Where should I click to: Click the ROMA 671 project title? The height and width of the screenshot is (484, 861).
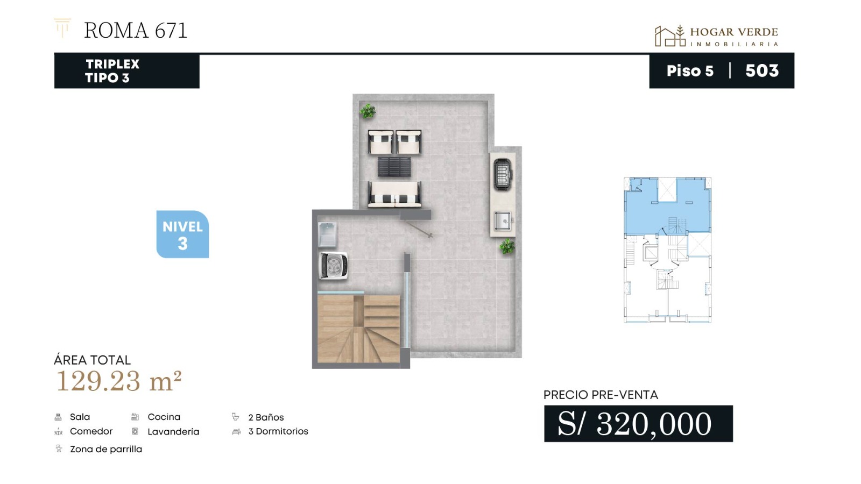click(135, 30)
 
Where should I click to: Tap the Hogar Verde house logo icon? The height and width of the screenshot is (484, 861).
click(669, 35)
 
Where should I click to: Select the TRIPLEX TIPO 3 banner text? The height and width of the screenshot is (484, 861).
click(112, 71)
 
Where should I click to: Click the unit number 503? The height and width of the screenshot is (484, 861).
click(762, 70)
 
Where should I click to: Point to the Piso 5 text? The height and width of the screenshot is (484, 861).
click(690, 71)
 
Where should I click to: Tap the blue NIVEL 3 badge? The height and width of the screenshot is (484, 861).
click(182, 234)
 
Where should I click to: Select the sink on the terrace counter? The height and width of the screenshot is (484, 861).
click(503, 221)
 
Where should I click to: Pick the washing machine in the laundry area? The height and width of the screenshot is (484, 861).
click(333, 266)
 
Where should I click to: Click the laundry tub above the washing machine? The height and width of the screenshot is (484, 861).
click(328, 234)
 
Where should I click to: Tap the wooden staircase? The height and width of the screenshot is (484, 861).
click(358, 329)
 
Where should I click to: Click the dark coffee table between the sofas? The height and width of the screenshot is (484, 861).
click(394, 167)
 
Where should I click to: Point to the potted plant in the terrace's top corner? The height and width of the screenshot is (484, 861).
click(368, 111)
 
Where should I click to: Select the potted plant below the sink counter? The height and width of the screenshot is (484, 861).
click(507, 246)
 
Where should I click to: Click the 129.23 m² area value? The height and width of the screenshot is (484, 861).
click(118, 381)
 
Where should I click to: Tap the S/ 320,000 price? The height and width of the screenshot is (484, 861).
click(634, 424)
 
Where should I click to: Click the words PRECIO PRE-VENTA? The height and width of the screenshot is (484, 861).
click(601, 395)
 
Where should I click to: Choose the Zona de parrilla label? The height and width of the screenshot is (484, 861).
click(105, 449)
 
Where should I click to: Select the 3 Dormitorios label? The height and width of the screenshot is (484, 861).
click(278, 431)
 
